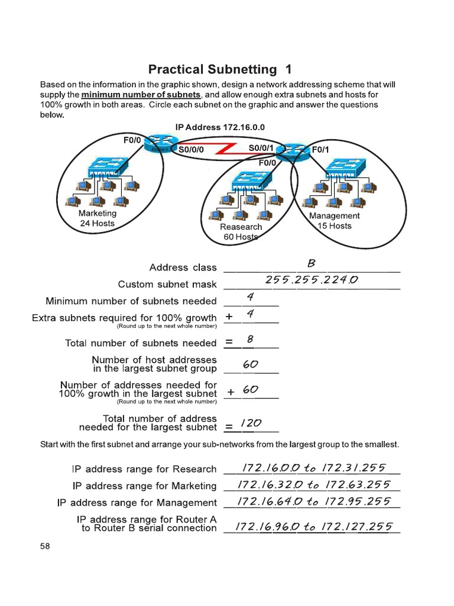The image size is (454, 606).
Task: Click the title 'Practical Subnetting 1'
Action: point(220,69)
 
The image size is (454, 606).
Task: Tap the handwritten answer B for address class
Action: point(312,263)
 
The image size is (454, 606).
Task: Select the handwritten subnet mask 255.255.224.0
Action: point(312,280)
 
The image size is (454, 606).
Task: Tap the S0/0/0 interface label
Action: point(191,150)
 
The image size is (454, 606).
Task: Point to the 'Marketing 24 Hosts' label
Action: point(98,218)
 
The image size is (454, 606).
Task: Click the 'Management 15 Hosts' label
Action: point(335,221)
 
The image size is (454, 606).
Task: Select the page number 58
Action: point(45,546)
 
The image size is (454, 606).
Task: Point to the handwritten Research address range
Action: point(311,468)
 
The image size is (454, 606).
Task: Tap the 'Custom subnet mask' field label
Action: point(167,285)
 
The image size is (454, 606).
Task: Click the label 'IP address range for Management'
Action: point(137,502)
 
